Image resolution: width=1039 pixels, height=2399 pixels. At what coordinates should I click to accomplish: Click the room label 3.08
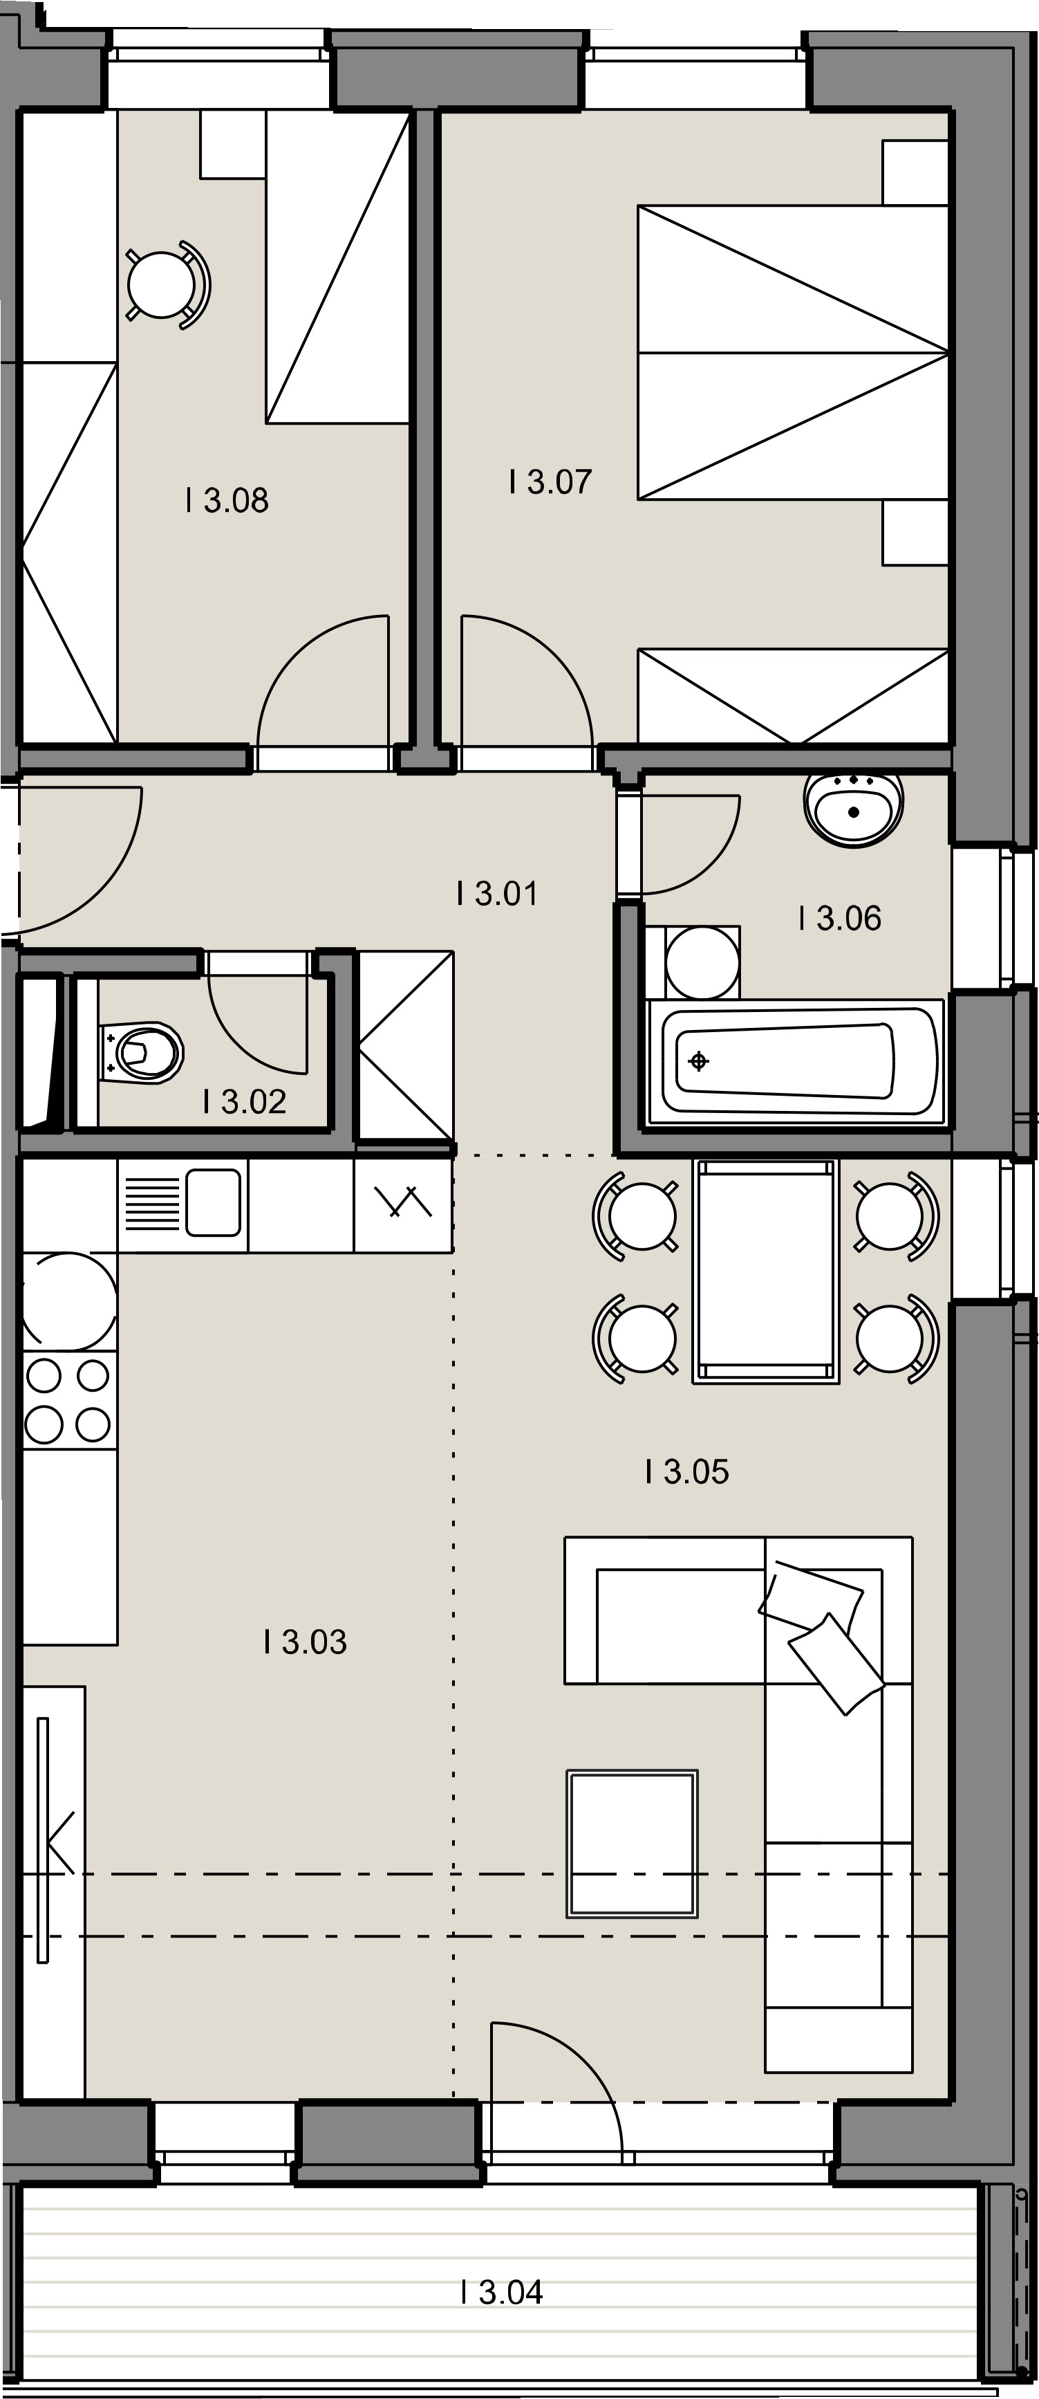click(227, 501)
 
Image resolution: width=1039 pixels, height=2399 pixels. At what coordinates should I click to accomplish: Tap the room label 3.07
click(550, 482)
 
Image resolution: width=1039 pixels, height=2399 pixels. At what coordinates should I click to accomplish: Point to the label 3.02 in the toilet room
click(245, 1102)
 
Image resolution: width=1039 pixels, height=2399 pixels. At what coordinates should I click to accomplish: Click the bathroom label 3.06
click(840, 918)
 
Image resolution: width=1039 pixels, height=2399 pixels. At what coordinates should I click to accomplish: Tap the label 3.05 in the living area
click(687, 1472)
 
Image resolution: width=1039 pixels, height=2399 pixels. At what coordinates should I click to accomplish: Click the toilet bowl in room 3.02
click(142, 1054)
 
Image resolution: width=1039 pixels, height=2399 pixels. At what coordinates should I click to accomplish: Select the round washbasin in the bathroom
click(854, 809)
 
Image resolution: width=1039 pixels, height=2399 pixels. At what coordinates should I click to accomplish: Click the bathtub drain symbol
click(698, 1060)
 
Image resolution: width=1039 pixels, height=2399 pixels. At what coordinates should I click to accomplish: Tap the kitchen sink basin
click(213, 1202)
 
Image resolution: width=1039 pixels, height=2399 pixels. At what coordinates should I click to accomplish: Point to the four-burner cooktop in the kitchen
click(69, 1399)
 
